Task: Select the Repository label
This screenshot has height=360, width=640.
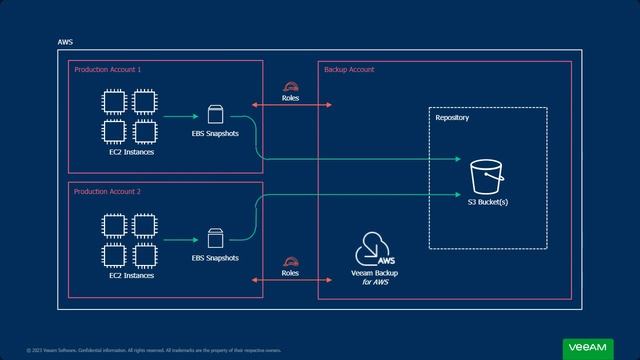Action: click(x=452, y=118)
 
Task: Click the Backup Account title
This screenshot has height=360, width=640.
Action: click(x=349, y=70)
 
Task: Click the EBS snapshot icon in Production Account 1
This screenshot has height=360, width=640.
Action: click(x=215, y=115)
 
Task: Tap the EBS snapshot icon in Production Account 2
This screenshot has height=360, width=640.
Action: click(x=215, y=239)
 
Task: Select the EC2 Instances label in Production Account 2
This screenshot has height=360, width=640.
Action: click(x=131, y=275)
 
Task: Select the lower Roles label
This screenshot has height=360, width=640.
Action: click(x=290, y=273)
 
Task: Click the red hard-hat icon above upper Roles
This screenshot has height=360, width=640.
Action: click(x=290, y=87)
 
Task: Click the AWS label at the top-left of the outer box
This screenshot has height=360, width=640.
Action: click(x=66, y=43)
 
